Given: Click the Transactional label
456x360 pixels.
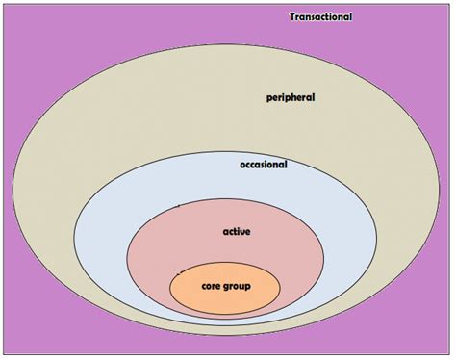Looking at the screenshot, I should (x=321, y=16).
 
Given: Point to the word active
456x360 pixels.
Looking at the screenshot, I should (x=237, y=232).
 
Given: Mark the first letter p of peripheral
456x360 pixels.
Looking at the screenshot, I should (x=269, y=98).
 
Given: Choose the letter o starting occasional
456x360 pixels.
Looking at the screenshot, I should (x=242, y=165).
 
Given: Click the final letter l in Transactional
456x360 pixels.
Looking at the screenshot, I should (x=351, y=16).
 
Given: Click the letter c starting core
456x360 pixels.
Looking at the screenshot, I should (x=203, y=287).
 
